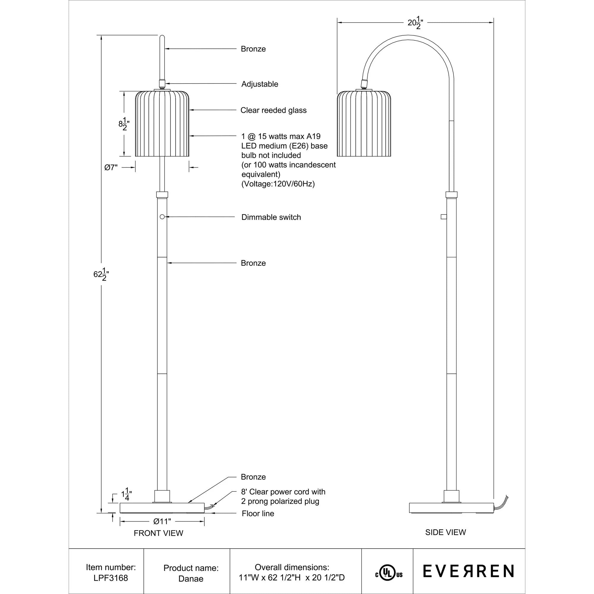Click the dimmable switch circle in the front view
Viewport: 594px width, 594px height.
point(162,217)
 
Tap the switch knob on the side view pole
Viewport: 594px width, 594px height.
point(443,217)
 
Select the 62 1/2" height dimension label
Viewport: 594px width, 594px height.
point(101,274)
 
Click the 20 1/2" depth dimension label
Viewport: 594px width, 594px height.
point(416,23)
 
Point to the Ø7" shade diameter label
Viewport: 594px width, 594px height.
point(111,168)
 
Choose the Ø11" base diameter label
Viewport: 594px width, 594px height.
point(162,522)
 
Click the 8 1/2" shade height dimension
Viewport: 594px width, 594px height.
point(124,124)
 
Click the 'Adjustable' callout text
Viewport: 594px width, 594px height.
point(260,84)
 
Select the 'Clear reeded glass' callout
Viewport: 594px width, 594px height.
point(273,110)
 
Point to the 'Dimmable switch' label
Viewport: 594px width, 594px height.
point(271,217)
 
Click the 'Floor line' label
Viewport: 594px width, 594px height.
point(257,514)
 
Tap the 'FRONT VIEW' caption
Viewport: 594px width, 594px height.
point(158,533)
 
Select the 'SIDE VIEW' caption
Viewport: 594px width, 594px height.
point(445,532)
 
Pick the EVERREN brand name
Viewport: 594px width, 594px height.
point(468,571)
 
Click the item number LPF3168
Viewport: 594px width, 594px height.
point(111,578)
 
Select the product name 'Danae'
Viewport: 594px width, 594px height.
point(191,579)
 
